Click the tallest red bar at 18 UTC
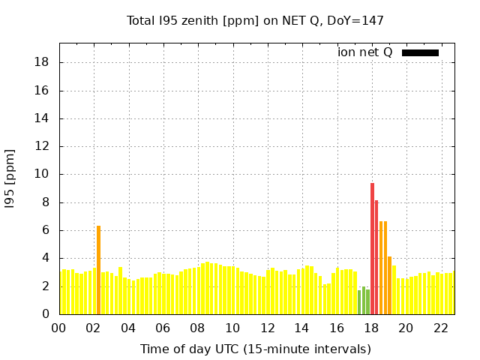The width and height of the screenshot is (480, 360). click(372, 248)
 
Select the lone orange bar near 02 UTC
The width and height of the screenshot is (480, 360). click(98, 270)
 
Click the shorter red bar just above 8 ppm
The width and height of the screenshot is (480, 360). click(376, 257)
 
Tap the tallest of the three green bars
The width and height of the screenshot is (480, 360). click(364, 300)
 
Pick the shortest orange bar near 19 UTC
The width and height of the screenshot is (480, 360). click(389, 285)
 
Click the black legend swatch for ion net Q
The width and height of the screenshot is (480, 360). click(420, 53)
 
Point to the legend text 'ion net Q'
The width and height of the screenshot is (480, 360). click(365, 52)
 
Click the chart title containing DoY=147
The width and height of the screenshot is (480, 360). click(255, 21)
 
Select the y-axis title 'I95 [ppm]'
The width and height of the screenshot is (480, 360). click(10, 179)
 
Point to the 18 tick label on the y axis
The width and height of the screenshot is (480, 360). click(41, 62)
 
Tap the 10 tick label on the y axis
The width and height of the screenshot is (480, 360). click(41, 174)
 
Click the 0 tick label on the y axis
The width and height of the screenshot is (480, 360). click(46, 314)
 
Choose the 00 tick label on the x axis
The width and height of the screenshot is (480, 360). click(58, 328)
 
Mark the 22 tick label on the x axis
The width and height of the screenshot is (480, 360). click(441, 328)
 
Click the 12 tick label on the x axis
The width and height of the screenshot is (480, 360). click(268, 328)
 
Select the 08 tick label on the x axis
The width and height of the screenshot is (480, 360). click(198, 328)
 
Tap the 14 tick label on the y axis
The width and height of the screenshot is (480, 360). click(41, 118)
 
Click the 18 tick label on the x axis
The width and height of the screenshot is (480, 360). click(372, 328)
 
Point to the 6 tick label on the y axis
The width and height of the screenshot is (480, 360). click(46, 230)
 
